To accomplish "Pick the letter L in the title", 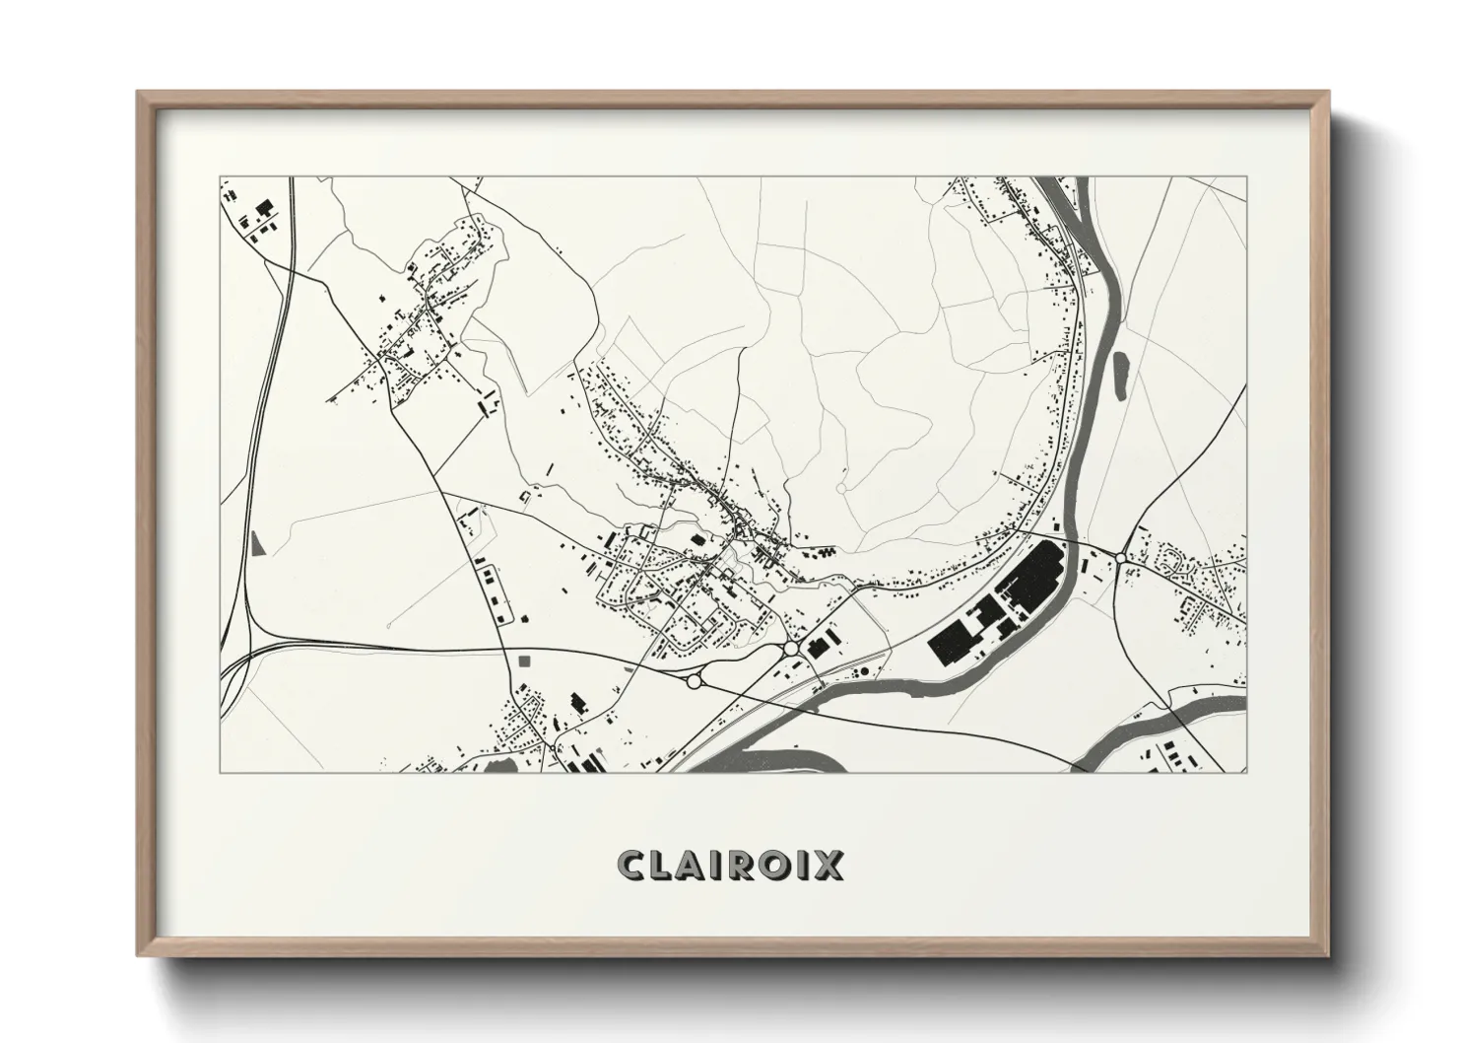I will (664, 865).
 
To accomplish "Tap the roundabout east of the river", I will (1120, 558).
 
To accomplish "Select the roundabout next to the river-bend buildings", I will (791, 649).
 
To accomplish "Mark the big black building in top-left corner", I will (264, 210).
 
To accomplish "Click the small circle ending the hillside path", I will (840, 487).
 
